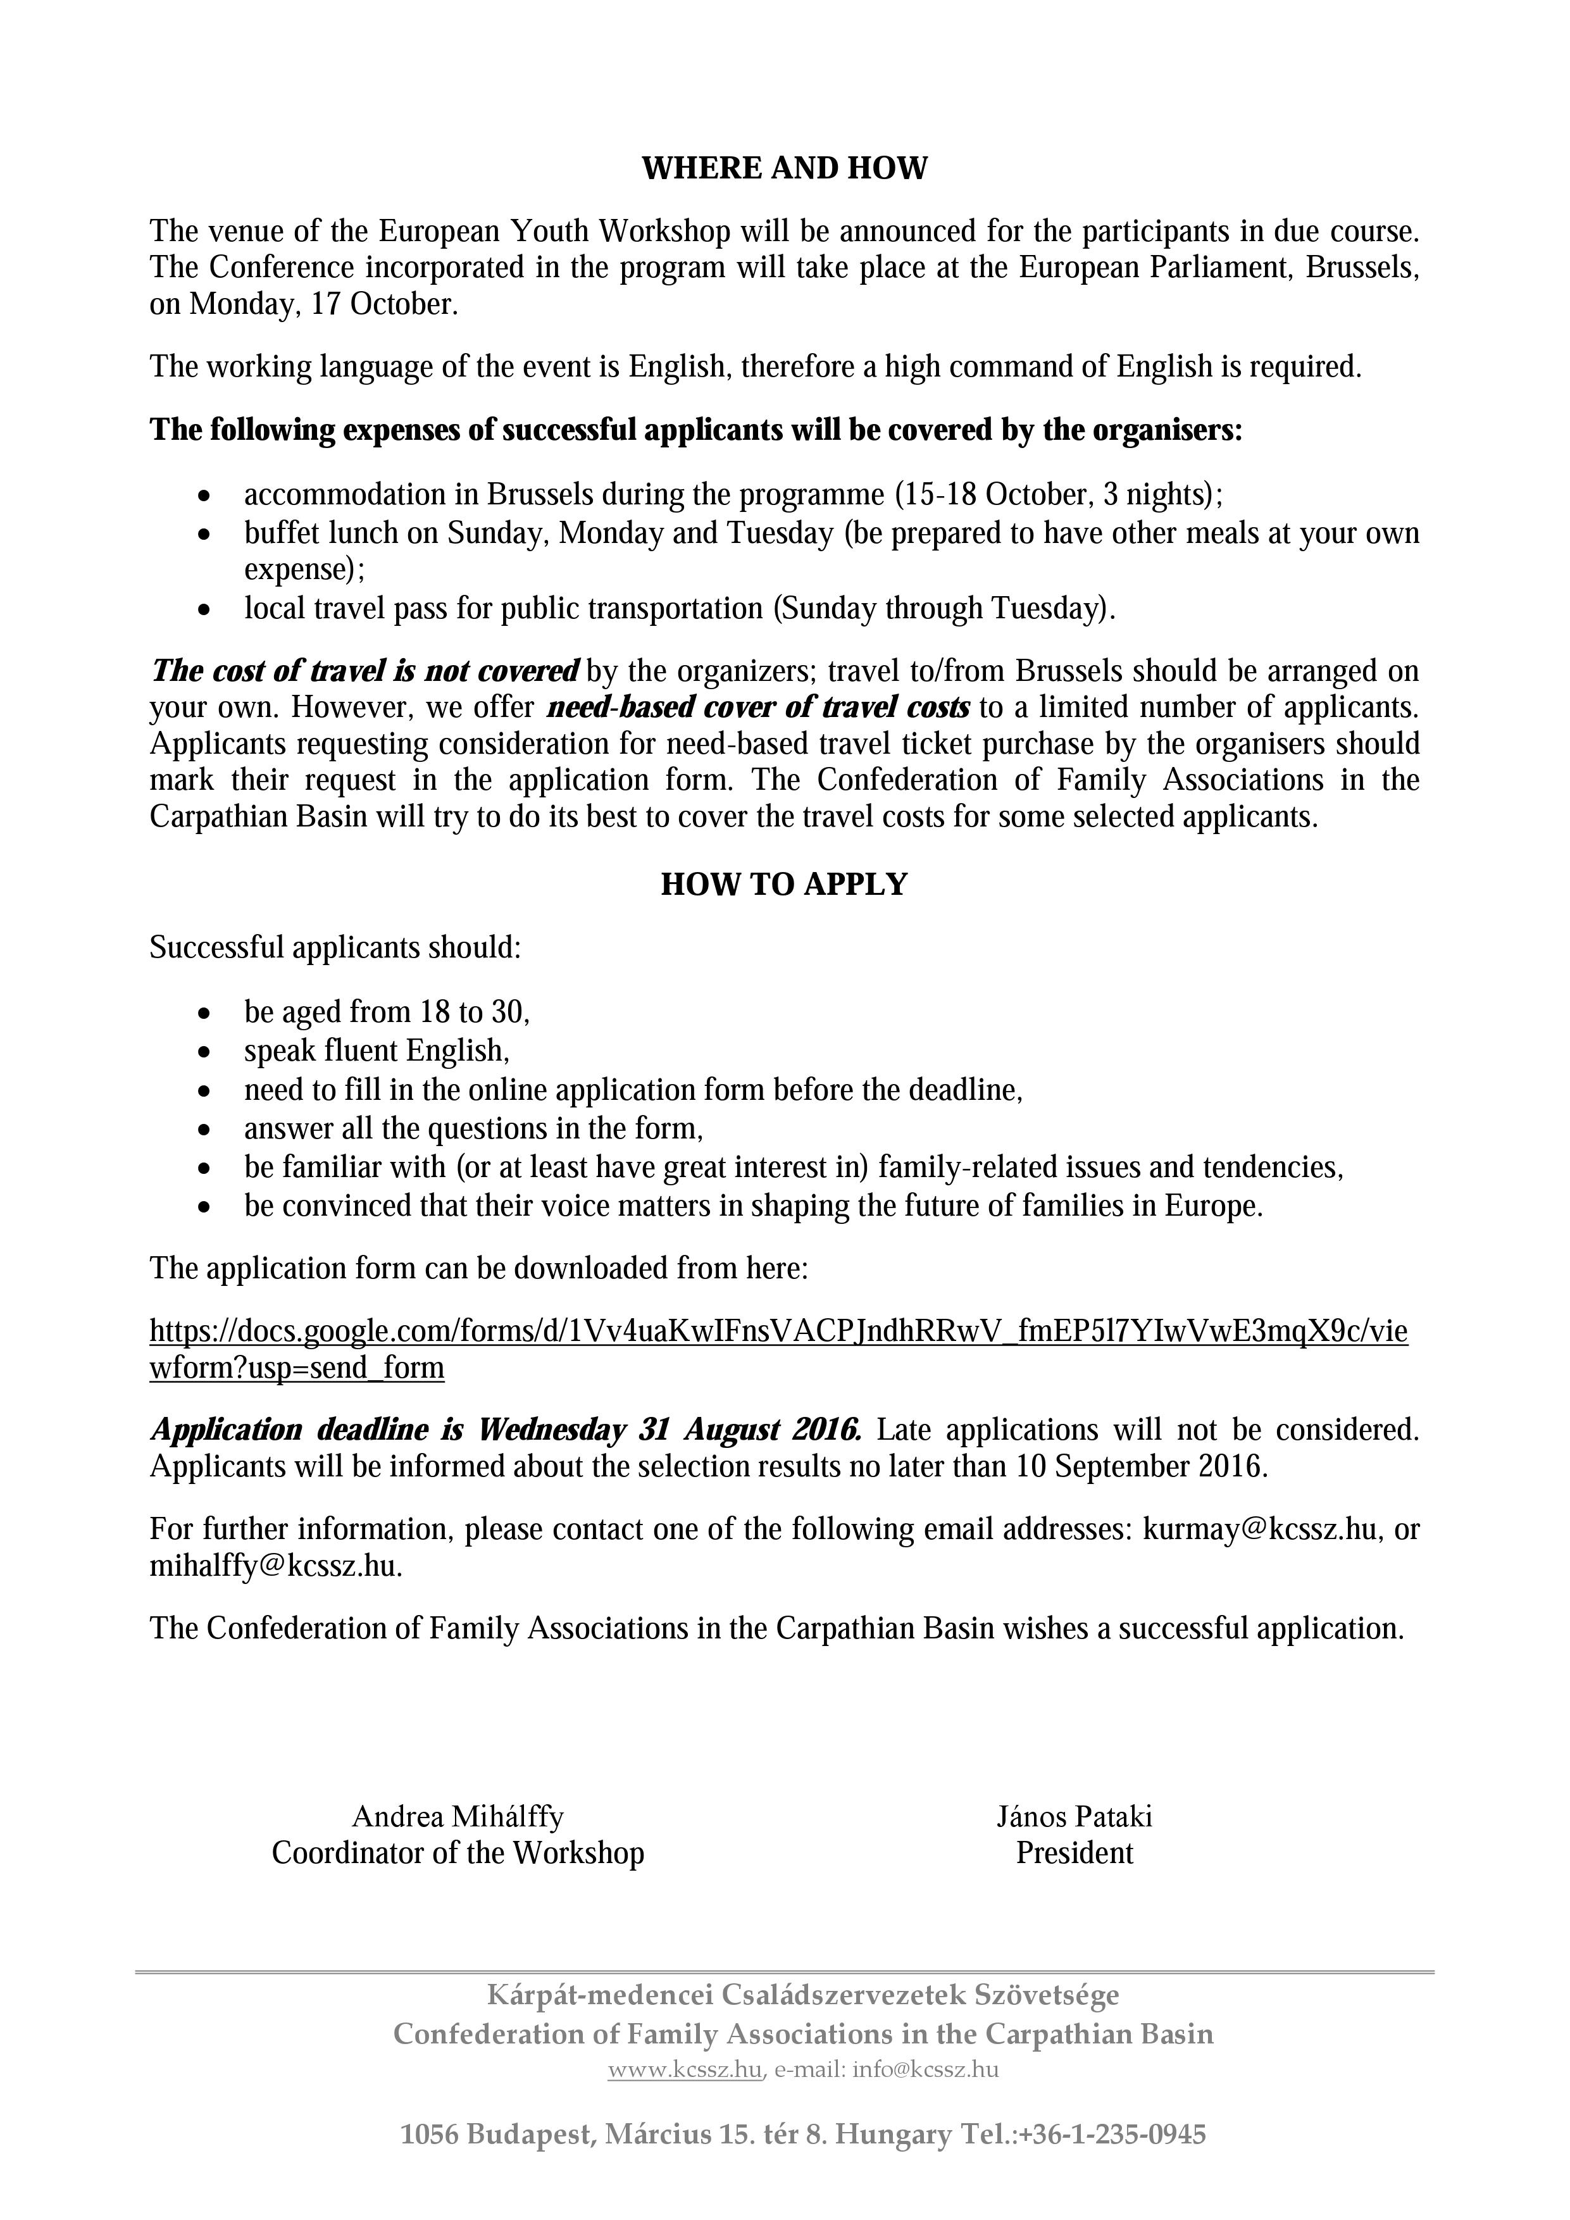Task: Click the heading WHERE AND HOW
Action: pyautogui.click(x=784, y=169)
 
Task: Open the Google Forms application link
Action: pyautogui.click(x=778, y=1332)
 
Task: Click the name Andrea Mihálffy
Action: pyautogui.click(x=458, y=1817)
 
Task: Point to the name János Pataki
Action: pyautogui.click(x=1074, y=1817)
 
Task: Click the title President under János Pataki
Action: pyautogui.click(x=1074, y=1854)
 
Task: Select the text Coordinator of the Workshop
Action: pyautogui.click(x=458, y=1854)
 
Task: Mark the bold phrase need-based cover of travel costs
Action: pyautogui.click(x=758, y=708)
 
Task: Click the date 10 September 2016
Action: pyautogui.click(x=1141, y=1467)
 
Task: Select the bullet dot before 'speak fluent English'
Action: pyautogui.click(x=203, y=1052)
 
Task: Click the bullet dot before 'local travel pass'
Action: pyautogui.click(x=203, y=610)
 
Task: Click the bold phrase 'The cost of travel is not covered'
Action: pyautogui.click(x=365, y=671)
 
